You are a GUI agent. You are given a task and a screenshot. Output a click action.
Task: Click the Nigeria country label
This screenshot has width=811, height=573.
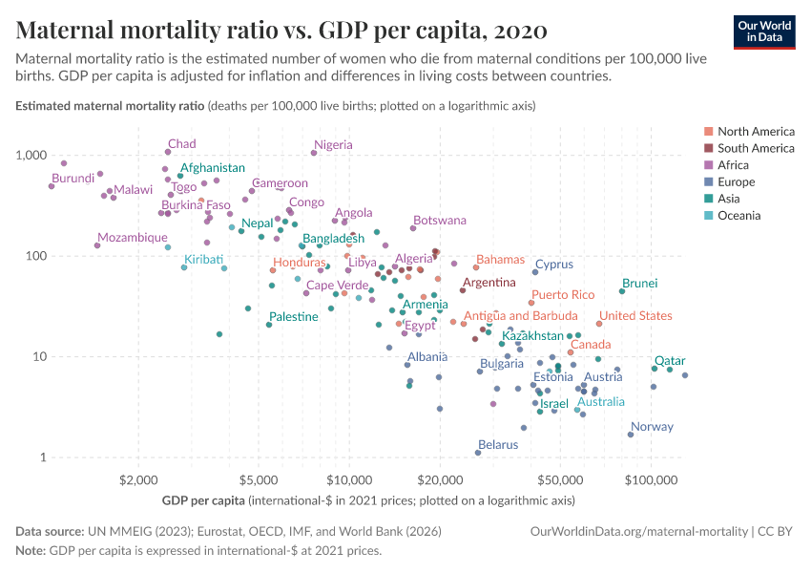point(333,145)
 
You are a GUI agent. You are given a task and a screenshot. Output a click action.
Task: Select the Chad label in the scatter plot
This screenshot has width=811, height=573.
point(181,144)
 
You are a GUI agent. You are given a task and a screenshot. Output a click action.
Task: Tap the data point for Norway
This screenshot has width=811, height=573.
point(631,435)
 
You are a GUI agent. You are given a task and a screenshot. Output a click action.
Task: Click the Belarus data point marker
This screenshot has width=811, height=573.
point(478,453)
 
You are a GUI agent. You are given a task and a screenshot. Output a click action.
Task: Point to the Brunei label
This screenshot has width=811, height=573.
point(639,284)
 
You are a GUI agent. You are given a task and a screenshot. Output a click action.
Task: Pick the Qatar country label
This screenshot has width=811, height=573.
point(670,361)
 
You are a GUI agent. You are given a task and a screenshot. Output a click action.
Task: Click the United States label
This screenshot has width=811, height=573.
point(635,316)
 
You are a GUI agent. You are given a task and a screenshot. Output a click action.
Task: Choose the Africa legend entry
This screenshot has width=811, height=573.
point(736,165)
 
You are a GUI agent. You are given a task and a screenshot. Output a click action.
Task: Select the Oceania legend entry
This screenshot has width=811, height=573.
point(738,216)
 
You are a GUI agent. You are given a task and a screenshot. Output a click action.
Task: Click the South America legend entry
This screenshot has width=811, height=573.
point(756,148)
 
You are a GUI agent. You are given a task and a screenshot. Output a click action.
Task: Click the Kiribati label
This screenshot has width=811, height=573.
point(203,260)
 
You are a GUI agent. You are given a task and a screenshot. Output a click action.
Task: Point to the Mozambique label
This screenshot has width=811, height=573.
point(132,238)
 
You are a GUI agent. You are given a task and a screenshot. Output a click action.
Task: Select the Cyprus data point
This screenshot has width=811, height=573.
point(535,272)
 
